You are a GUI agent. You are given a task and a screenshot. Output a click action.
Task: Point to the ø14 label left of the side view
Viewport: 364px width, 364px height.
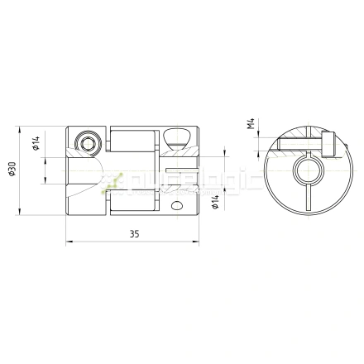point(37,145)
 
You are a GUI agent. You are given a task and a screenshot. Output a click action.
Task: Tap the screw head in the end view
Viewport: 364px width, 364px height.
point(330,146)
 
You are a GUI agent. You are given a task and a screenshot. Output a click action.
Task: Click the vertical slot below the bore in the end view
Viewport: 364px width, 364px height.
point(303,203)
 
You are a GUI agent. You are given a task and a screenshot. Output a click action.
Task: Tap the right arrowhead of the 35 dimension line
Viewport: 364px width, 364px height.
point(199,242)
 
